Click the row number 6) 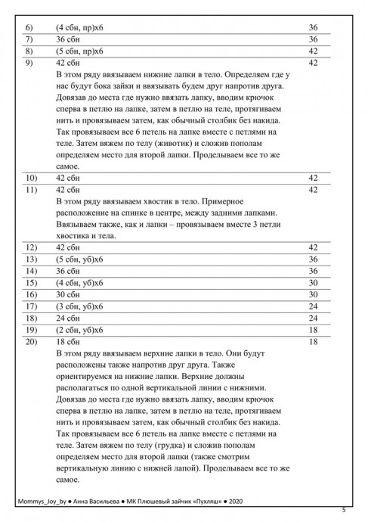(29, 27)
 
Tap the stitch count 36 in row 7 (313, 39)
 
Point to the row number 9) (29, 63)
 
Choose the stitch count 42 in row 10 (313, 178)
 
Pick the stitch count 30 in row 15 (313, 282)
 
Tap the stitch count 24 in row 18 (313, 318)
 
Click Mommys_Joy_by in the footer (42, 502)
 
